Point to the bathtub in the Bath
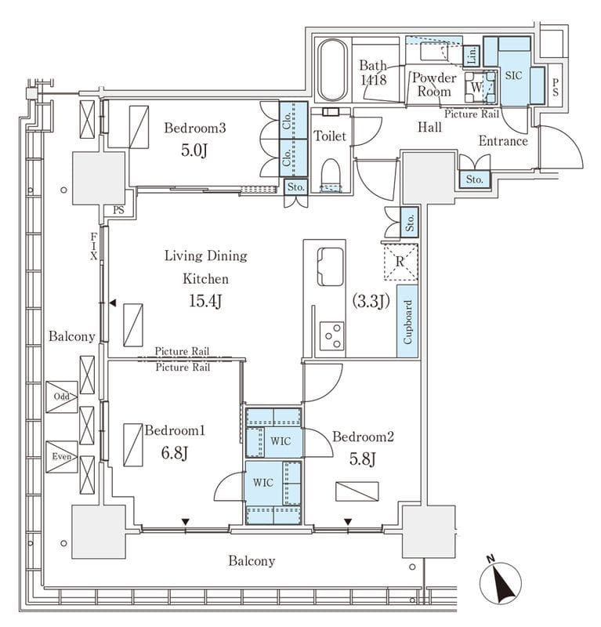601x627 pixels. (334, 69)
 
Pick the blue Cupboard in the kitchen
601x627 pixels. (407, 322)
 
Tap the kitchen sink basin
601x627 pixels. (330, 266)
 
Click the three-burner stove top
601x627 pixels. (332, 336)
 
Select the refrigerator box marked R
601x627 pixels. (400, 263)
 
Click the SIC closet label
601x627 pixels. (513, 76)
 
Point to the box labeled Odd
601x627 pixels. (61, 397)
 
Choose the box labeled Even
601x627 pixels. (61, 456)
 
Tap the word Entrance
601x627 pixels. (503, 142)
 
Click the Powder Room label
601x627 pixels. (434, 85)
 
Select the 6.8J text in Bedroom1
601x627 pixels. (174, 453)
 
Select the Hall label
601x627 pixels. (429, 127)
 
